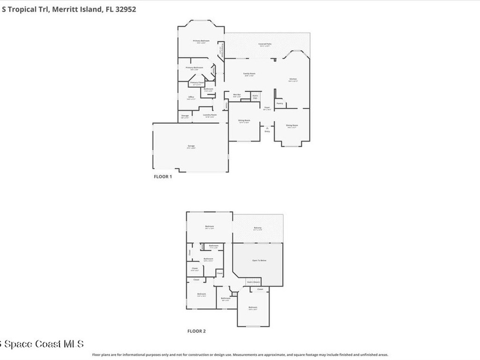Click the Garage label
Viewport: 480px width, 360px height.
coord(191,146)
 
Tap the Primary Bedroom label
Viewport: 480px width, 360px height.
coord(202,41)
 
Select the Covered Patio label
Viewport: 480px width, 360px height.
coord(265,44)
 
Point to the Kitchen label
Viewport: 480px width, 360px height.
coord(293,79)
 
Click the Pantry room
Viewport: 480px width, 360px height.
coord(280,103)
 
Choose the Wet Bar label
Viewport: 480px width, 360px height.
coord(237,95)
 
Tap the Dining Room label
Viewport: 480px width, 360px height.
coord(292,125)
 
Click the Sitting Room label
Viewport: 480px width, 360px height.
coord(244,120)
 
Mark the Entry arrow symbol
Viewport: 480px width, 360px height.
coord(267,127)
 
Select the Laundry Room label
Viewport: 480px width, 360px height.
coord(210,115)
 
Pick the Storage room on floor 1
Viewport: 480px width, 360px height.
coord(185,116)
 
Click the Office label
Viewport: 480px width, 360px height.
coord(191,97)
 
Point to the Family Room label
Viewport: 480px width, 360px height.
coord(249,74)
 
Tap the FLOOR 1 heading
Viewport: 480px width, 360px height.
coord(163,177)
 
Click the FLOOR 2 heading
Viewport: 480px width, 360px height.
coord(196,331)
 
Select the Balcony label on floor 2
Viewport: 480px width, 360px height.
coord(257,228)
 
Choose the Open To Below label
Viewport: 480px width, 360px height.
coord(259,260)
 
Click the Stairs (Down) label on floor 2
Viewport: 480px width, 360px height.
coord(254,282)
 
